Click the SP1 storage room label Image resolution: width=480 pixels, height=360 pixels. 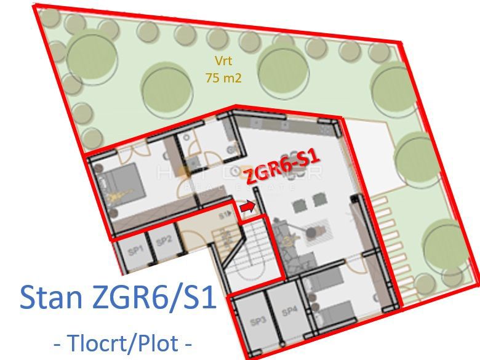(x=135, y=249)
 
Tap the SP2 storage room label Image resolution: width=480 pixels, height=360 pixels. (x=163, y=242)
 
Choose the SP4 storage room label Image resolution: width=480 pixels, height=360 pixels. (x=288, y=311)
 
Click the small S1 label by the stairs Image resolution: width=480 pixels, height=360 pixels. (x=224, y=214)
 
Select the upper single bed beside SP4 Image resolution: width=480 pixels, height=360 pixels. (x=323, y=285)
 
